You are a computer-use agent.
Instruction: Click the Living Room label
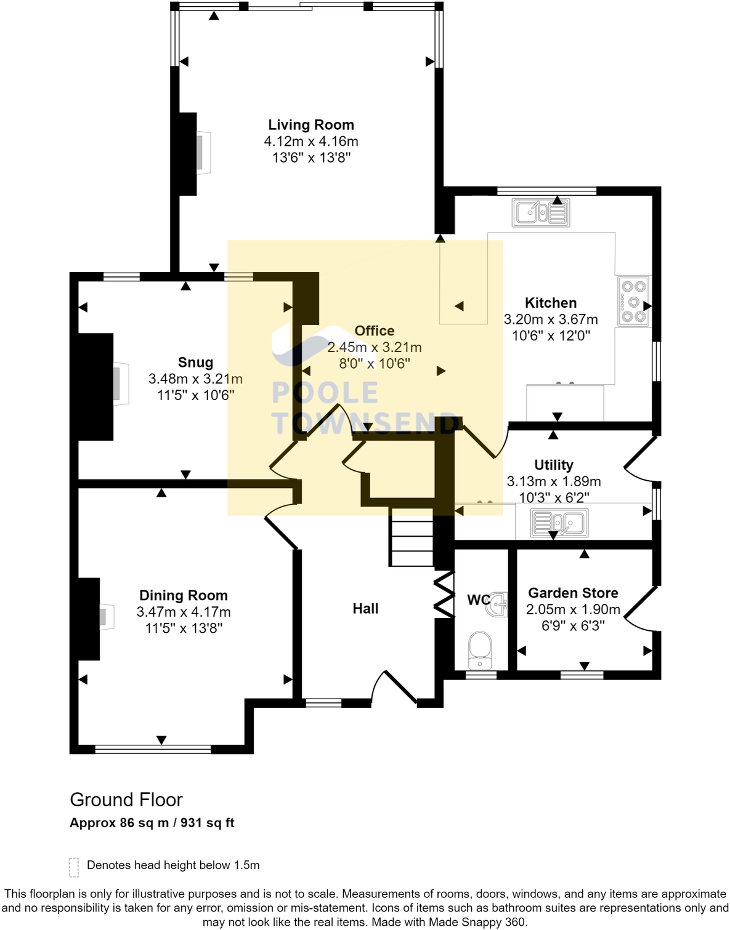[310, 125]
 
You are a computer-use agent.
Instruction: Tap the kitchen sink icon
[540, 213]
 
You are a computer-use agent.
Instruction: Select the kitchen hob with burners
[633, 302]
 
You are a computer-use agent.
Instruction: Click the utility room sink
[559, 523]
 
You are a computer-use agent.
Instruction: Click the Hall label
[365, 609]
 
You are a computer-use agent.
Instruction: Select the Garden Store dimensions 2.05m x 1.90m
[573, 609]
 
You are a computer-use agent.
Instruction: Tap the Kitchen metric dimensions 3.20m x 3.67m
[551, 319]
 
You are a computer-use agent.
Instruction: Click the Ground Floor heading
[126, 800]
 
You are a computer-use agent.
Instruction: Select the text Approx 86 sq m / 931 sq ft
[152, 823]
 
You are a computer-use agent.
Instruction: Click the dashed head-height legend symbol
[74, 867]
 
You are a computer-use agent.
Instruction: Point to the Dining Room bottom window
[153, 749]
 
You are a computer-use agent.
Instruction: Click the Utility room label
[553, 465]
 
